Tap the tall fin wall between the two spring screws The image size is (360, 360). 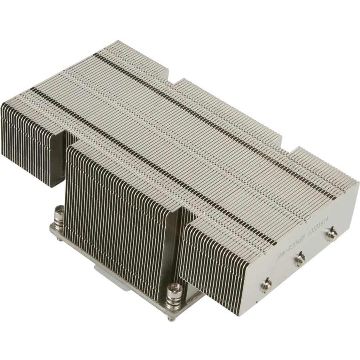pyautogui.click(x=116, y=216)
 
